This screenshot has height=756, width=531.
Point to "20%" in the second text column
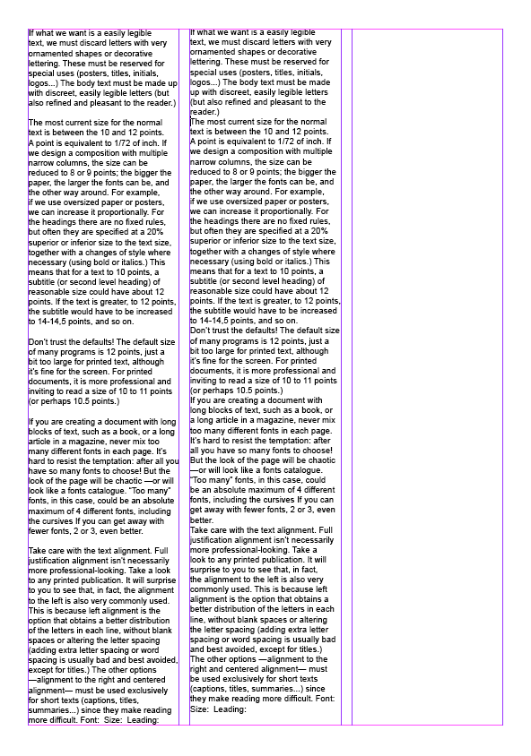point(318,230)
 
